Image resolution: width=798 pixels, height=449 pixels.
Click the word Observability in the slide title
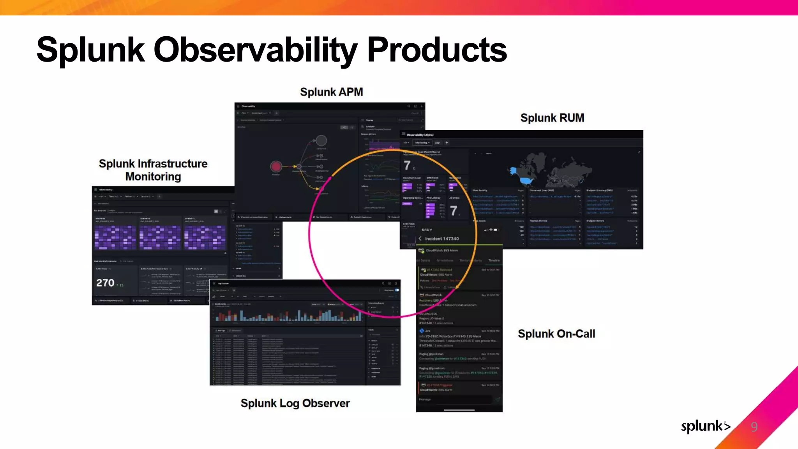click(x=255, y=50)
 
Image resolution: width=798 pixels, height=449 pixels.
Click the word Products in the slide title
click(x=437, y=50)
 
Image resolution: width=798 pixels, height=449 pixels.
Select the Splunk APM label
click(x=331, y=92)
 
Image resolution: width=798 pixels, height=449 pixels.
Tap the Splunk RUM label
click(x=552, y=118)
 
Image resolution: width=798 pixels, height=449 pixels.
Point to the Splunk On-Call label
click(x=556, y=334)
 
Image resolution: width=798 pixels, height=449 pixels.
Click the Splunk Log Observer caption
click(x=295, y=403)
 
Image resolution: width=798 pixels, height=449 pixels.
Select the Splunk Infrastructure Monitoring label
click(x=153, y=170)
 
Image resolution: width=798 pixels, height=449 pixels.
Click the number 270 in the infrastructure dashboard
click(x=105, y=283)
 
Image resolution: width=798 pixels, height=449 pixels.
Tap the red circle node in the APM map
click(x=276, y=167)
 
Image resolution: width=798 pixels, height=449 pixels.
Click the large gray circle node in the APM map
click(x=321, y=140)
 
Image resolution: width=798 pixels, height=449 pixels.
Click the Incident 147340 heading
click(x=442, y=239)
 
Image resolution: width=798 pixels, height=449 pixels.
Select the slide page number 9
click(x=754, y=427)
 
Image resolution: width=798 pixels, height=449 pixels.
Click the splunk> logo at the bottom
click(x=705, y=426)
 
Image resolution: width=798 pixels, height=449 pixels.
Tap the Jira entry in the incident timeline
click(x=427, y=331)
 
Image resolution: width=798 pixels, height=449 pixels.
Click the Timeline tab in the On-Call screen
click(x=494, y=260)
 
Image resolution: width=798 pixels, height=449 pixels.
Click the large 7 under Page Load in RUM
click(x=407, y=165)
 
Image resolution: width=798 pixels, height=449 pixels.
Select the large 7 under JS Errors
click(x=454, y=211)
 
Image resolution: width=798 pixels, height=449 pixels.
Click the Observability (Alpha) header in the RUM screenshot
click(x=420, y=135)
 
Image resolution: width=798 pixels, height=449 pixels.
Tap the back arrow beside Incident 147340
click(x=420, y=239)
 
